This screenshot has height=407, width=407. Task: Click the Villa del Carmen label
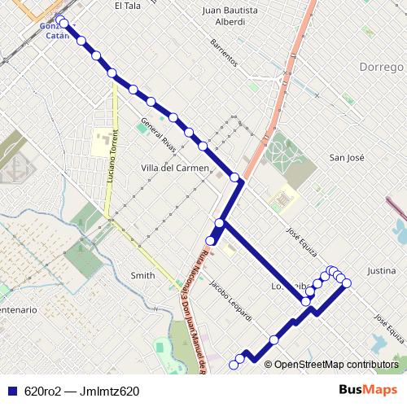(x=175, y=168)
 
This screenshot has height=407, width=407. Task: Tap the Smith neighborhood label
(x=142, y=276)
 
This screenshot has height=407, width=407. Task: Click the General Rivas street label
(x=158, y=136)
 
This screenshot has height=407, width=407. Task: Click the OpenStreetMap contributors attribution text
(x=335, y=365)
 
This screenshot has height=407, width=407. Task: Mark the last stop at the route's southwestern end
(x=234, y=365)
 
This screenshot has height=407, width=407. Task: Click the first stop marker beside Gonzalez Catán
(x=61, y=21)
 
